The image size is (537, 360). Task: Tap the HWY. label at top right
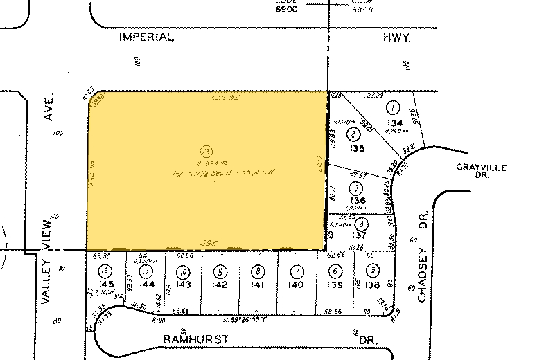coord(398,40)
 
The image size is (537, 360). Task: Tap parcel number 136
coord(357,201)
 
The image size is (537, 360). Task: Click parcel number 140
coord(297,283)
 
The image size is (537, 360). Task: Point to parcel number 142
coord(220,283)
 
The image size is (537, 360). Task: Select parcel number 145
coord(105,283)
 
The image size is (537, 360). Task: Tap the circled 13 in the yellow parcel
coord(204,150)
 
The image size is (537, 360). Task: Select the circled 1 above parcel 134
coord(393,108)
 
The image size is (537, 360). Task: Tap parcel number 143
coord(183,283)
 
